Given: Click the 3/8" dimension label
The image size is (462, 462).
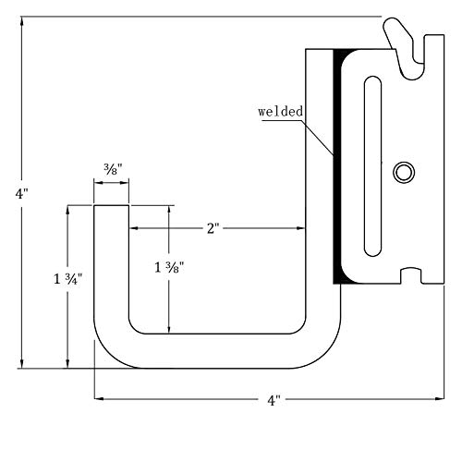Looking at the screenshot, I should pos(111,169).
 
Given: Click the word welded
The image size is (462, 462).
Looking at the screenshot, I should pos(280,111).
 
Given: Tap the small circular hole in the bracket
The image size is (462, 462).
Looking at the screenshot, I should pos(404,172).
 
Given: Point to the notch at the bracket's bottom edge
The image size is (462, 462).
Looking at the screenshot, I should pos(412,274).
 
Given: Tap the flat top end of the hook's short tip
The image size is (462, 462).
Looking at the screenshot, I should pos(111,206).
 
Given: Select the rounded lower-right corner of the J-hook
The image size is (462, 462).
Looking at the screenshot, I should pos(328,350).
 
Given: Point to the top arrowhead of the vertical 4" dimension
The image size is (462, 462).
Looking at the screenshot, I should pos(23,20).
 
